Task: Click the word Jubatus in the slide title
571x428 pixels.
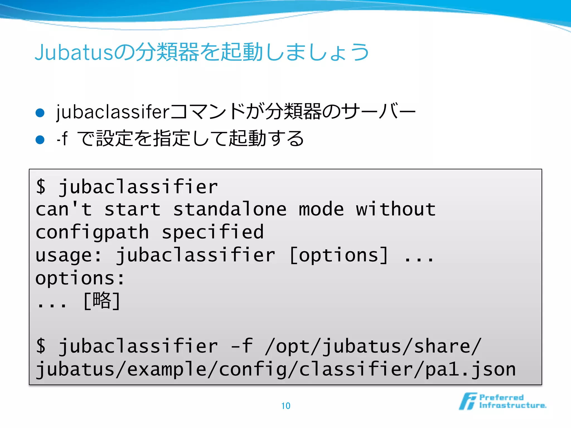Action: pyautogui.click(x=74, y=52)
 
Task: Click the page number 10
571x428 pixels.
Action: pyautogui.click(x=286, y=406)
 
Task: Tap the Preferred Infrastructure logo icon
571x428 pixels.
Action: pyautogui.click(x=468, y=401)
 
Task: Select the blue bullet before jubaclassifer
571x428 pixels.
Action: pyautogui.click(x=40, y=113)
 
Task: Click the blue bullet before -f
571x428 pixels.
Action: pyautogui.click(x=40, y=139)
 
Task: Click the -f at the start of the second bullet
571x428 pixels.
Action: pyautogui.click(x=62, y=138)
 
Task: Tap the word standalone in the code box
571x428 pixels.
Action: pyautogui.click(x=230, y=210)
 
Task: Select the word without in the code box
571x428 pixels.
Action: pyautogui.click(x=396, y=210)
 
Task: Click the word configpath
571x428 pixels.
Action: pyautogui.click(x=92, y=232)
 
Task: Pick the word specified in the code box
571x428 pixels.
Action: pyautogui.click(x=213, y=232)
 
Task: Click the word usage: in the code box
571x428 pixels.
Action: pyautogui.click(x=69, y=255)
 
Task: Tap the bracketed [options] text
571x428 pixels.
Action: pyautogui.click(x=338, y=255)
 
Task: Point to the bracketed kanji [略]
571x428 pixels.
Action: pyautogui.click(x=102, y=301)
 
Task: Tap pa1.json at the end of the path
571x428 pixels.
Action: pyautogui.click(x=470, y=369)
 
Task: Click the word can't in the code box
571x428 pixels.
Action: pyautogui.click(x=64, y=210)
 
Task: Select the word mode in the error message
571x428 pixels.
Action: pyautogui.click(x=321, y=210)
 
